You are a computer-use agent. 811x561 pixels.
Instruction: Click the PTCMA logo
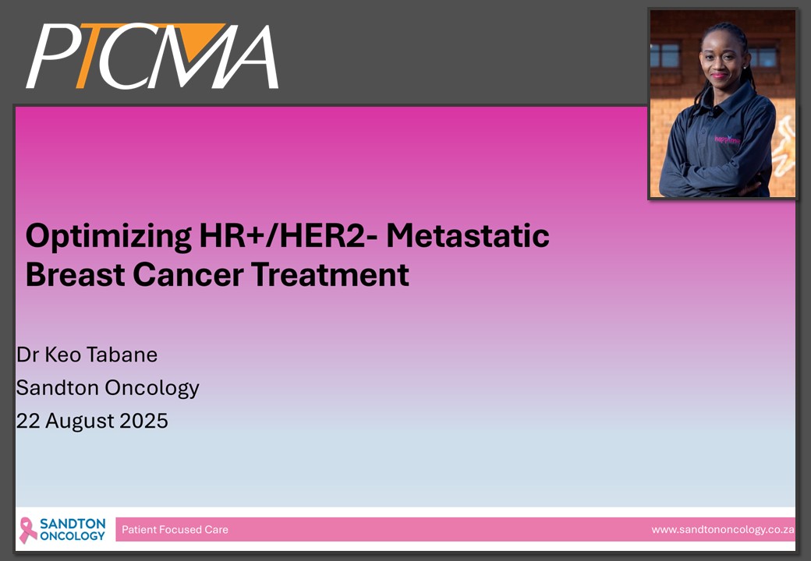[x=152, y=56]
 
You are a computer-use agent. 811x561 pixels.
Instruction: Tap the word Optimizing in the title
[x=108, y=237]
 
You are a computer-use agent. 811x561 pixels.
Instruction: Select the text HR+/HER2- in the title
[x=289, y=235]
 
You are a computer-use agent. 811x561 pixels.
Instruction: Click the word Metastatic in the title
[x=468, y=235]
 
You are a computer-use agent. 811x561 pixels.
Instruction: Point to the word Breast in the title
[x=75, y=274]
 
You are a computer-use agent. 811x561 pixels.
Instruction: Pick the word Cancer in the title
[x=188, y=274]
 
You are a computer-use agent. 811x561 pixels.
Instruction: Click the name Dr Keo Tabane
[x=87, y=355]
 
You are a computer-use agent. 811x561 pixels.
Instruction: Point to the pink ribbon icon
[x=28, y=531]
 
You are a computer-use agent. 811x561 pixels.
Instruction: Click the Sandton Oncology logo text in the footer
[x=73, y=530]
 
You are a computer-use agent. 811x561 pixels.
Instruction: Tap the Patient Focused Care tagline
[x=175, y=530]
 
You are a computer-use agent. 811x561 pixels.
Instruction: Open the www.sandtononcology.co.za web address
[x=723, y=530]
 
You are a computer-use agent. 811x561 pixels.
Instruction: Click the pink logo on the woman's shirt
[x=728, y=139]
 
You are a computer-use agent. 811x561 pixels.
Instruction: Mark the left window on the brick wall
[x=664, y=55]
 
